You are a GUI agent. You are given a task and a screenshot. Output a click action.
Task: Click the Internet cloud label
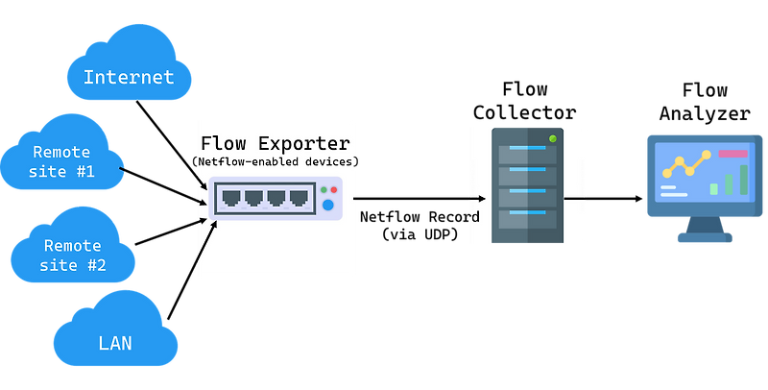point(129,77)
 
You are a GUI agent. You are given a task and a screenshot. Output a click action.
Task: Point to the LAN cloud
point(115,342)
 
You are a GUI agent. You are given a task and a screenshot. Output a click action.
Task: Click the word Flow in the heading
point(224,144)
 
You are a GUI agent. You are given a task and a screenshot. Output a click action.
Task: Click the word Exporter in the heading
point(303,144)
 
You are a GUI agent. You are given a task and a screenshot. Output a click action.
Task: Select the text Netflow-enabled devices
point(276,162)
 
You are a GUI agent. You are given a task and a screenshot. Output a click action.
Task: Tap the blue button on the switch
point(327,205)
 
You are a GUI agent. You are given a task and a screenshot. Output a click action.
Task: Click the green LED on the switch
point(323,190)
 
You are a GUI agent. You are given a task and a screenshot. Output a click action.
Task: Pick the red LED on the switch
point(333,190)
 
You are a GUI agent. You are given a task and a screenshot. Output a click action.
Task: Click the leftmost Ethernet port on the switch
point(231,199)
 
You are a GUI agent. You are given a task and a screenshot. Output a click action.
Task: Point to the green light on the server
point(552,139)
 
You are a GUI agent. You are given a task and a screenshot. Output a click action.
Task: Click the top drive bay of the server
point(527,154)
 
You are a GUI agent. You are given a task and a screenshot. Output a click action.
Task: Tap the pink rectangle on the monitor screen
point(732,154)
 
